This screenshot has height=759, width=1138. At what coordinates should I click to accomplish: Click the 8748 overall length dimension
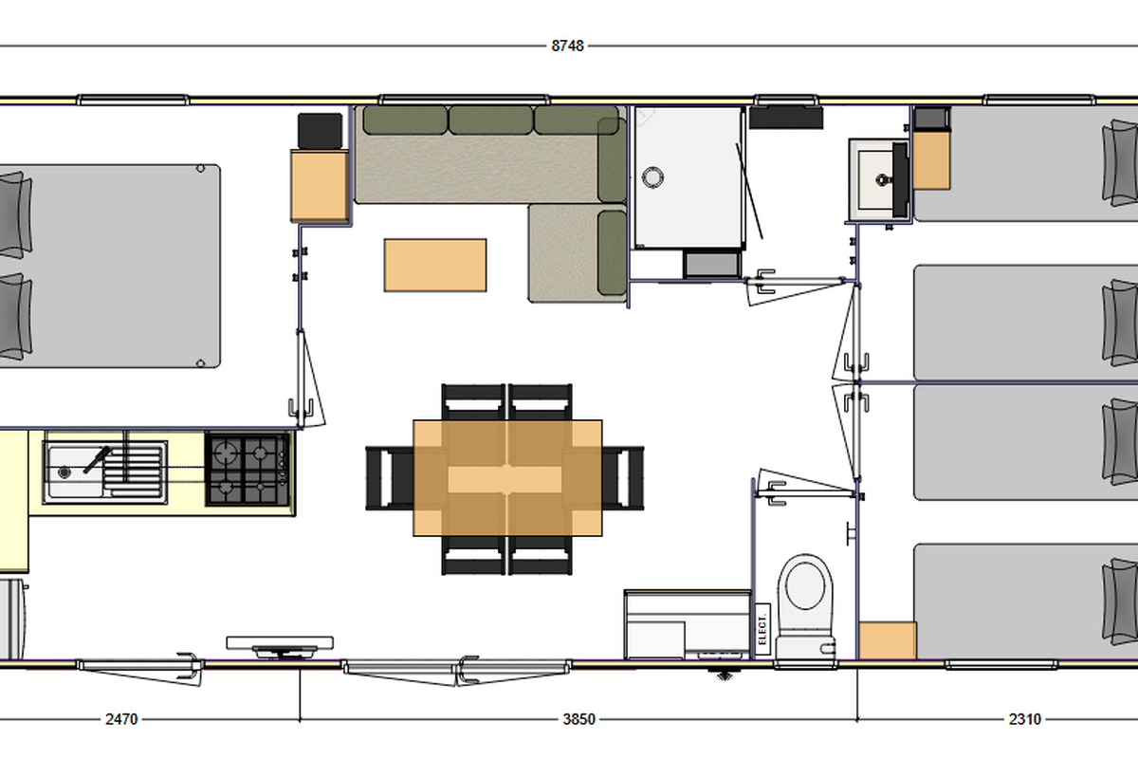click(567, 46)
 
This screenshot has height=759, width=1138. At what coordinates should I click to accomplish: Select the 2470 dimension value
click(121, 719)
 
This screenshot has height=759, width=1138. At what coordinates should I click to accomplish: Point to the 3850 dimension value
click(578, 719)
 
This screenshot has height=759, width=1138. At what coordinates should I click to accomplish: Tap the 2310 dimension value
click(1025, 719)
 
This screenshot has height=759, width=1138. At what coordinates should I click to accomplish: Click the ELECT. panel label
click(762, 629)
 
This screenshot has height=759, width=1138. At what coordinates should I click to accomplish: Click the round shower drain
click(652, 177)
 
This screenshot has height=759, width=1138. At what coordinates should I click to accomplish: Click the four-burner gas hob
click(248, 470)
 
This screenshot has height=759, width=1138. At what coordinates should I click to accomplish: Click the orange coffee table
click(435, 266)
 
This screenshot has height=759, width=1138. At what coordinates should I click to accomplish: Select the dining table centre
click(507, 478)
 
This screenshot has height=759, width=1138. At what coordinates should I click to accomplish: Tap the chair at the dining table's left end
click(390, 478)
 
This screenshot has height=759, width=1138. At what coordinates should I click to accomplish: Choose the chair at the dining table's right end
click(623, 478)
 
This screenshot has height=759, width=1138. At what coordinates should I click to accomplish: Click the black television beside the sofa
click(321, 131)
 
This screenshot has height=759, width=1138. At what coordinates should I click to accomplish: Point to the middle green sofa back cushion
click(491, 120)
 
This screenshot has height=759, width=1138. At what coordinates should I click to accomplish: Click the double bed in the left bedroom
click(109, 266)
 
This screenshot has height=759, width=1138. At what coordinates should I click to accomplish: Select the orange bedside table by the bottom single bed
click(888, 640)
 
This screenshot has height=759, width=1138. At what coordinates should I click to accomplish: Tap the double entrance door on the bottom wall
click(457, 671)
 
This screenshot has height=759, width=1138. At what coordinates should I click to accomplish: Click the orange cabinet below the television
click(320, 186)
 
